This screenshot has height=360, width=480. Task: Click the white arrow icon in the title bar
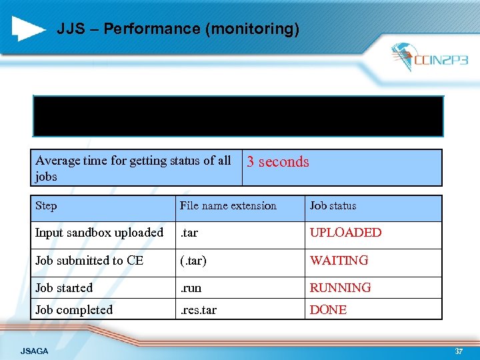29,29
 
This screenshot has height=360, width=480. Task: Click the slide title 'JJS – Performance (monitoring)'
178,29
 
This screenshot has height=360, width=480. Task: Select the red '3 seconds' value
278,161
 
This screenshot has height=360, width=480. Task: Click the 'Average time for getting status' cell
133,168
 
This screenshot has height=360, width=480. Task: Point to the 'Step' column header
46,206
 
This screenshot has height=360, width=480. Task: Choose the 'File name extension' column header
228,206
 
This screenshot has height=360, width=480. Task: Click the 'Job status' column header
333,206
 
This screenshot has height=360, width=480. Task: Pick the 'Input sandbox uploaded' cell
99,233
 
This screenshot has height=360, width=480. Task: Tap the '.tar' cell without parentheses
189,233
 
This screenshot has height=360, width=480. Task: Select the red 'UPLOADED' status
345,233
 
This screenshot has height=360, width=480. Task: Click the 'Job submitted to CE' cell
89,261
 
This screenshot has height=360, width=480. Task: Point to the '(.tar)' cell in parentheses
193,261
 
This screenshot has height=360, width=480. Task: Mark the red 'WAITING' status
339,261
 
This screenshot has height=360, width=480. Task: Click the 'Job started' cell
64,288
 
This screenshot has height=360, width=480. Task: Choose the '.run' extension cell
191,288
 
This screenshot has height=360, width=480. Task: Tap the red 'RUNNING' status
340,288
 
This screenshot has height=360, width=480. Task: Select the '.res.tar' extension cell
198,310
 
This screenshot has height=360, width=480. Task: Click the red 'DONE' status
328,310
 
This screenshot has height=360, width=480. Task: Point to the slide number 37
458,351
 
